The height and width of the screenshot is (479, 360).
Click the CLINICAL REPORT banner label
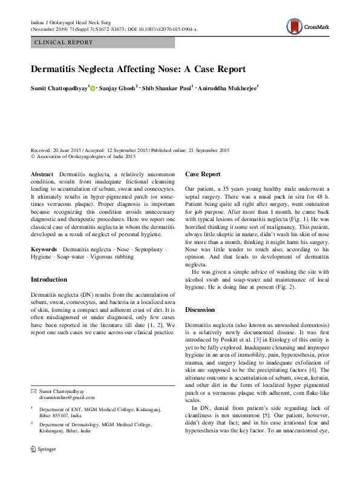[64, 42]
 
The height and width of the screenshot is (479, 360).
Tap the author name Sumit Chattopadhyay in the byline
[59, 88]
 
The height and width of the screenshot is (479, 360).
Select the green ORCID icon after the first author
[93, 88]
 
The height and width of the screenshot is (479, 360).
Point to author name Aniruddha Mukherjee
[228, 88]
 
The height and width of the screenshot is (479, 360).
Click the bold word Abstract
[42, 174]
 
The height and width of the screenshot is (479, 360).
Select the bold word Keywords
[44, 249]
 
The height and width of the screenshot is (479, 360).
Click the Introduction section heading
[49, 280]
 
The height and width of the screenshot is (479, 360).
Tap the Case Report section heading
[203, 174]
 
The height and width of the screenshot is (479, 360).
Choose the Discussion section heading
[200, 309]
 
